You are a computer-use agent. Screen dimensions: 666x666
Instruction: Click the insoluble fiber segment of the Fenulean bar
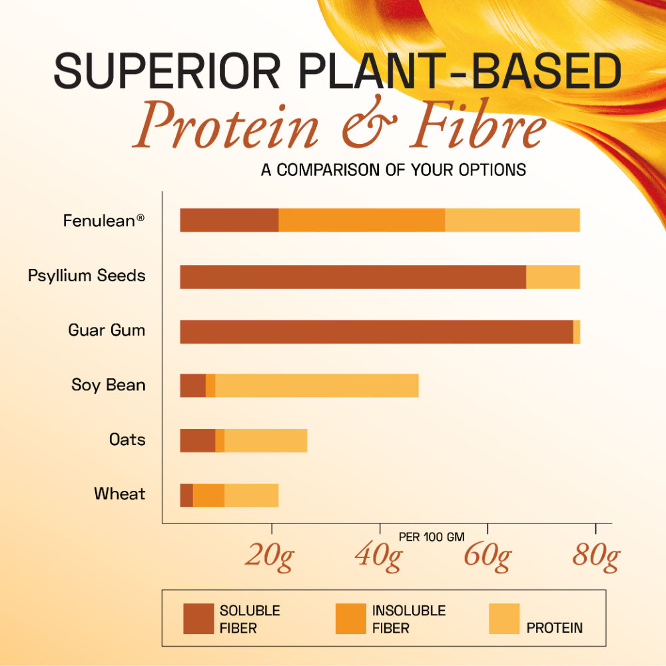click(362, 220)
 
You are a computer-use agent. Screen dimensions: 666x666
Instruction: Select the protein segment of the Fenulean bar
click(512, 220)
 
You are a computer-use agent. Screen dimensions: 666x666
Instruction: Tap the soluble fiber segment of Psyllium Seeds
click(353, 277)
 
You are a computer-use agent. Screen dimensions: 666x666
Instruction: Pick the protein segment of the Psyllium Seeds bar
click(553, 277)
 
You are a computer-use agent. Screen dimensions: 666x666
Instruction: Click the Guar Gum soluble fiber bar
click(376, 332)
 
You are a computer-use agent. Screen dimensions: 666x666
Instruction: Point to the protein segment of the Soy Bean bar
click(316, 386)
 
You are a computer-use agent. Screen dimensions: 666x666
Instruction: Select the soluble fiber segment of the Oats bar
click(197, 441)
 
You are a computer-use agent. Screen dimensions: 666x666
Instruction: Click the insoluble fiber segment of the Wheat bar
click(208, 496)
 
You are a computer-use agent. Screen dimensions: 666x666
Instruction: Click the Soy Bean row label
click(109, 385)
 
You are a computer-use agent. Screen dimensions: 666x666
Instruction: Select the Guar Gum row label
click(107, 330)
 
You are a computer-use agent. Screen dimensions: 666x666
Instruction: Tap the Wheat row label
click(119, 494)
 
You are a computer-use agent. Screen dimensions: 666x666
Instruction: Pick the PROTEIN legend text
click(554, 627)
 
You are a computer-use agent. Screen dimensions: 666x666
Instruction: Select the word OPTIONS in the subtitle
click(492, 170)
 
